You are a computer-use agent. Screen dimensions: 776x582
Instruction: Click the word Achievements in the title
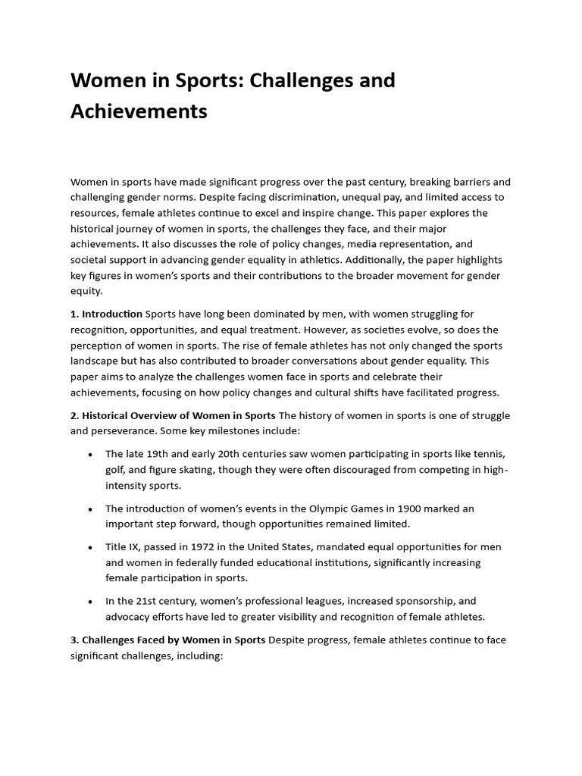tap(139, 111)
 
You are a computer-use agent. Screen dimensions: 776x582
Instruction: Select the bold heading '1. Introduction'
tap(107, 313)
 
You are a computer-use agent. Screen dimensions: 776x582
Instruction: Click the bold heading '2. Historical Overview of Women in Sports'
tap(174, 415)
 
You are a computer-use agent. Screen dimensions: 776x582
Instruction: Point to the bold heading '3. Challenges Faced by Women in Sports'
tap(168, 640)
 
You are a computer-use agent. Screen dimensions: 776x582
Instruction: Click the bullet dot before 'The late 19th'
tap(91, 454)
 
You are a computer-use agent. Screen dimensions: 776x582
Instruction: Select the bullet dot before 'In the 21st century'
tap(91, 601)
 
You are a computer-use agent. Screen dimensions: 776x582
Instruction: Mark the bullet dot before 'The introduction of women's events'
tap(91, 508)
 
